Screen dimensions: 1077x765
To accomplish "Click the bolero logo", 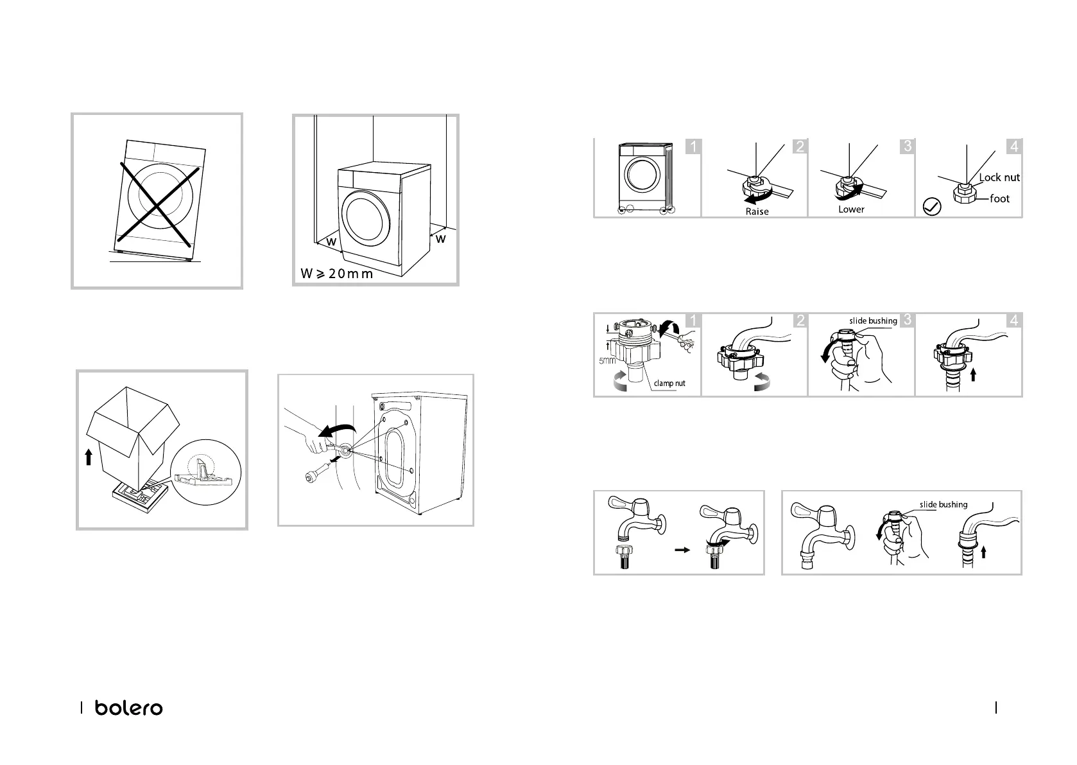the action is (129, 708).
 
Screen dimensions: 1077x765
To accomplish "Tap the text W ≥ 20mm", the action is (336, 274).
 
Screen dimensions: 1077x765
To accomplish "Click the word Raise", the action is (757, 211).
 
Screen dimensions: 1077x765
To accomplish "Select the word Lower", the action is (851, 209).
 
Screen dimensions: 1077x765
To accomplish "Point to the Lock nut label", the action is (999, 177).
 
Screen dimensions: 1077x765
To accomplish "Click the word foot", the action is (999, 198).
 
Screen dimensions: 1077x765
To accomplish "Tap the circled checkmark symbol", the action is (932, 207).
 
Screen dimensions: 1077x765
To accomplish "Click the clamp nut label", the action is (669, 383).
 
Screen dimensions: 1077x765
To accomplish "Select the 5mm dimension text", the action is (607, 361).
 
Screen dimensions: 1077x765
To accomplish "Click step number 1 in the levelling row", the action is (693, 146).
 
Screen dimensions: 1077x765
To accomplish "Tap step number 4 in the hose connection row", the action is (1014, 321).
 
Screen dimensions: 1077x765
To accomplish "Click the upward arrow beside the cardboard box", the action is (89, 457).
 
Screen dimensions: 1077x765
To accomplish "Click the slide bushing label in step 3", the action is (873, 321).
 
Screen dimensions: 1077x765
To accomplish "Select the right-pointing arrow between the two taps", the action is (682, 549).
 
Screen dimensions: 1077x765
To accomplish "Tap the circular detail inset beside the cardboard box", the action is (206, 473).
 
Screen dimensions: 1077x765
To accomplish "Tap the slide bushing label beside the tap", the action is (943, 505).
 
